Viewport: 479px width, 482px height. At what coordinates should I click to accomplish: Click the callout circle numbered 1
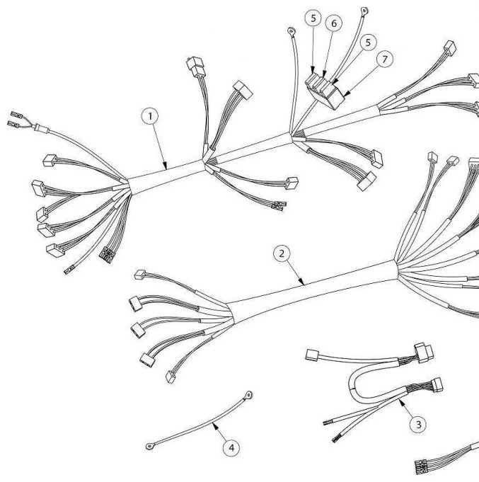150,117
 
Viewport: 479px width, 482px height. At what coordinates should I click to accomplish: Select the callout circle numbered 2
282,253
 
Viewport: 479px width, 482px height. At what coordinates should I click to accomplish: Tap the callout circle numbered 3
418,425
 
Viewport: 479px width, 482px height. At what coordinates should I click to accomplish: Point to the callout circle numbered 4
231,447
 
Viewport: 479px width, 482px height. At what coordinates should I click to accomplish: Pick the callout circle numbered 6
334,23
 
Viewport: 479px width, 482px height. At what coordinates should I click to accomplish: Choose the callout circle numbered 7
385,59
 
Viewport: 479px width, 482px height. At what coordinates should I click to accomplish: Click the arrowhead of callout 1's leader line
166,166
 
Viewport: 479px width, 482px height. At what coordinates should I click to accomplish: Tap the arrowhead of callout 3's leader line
402,401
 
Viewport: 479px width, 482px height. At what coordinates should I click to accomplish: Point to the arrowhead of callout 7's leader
347,93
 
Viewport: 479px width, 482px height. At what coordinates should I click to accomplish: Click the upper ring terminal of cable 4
248,394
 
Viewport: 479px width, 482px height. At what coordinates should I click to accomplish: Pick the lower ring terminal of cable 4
150,446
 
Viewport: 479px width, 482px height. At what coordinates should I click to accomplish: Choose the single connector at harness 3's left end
312,355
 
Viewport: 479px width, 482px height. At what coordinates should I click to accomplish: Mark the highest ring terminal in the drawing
364,11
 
